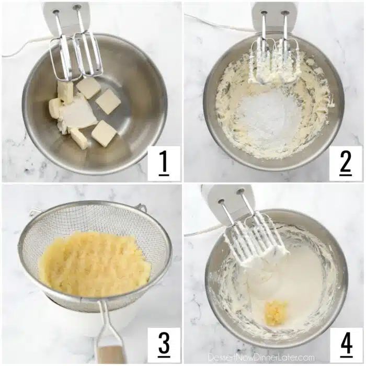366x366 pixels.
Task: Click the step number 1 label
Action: pyautogui.click(x=164, y=163)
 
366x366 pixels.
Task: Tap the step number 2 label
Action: pyautogui.click(x=346, y=163)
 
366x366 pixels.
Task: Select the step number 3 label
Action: pyautogui.click(x=164, y=345)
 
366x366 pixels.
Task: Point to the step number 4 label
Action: pyautogui.click(x=346, y=345)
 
